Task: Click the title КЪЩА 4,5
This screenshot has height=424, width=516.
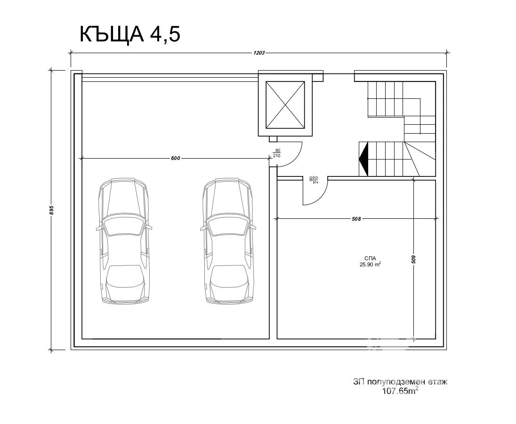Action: pyautogui.click(x=130, y=34)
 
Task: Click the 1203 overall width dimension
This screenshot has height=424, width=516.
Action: pyautogui.click(x=259, y=53)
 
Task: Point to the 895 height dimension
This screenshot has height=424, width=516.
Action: pyautogui.click(x=52, y=210)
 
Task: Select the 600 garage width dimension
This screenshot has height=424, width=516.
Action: pyautogui.click(x=175, y=159)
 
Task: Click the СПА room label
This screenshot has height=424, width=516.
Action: pyautogui.click(x=369, y=258)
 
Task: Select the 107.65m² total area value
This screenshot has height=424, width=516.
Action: pyautogui.click(x=400, y=391)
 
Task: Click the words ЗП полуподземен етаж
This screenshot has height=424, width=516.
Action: pyautogui.click(x=400, y=382)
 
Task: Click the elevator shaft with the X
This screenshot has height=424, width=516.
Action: pyautogui.click(x=285, y=104)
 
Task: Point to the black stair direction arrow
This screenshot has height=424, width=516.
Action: pyautogui.click(x=363, y=159)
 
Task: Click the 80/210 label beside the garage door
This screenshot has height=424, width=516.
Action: pyautogui.click(x=277, y=153)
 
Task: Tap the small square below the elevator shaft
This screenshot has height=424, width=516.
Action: pyautogui.click(x=273, y=139)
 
